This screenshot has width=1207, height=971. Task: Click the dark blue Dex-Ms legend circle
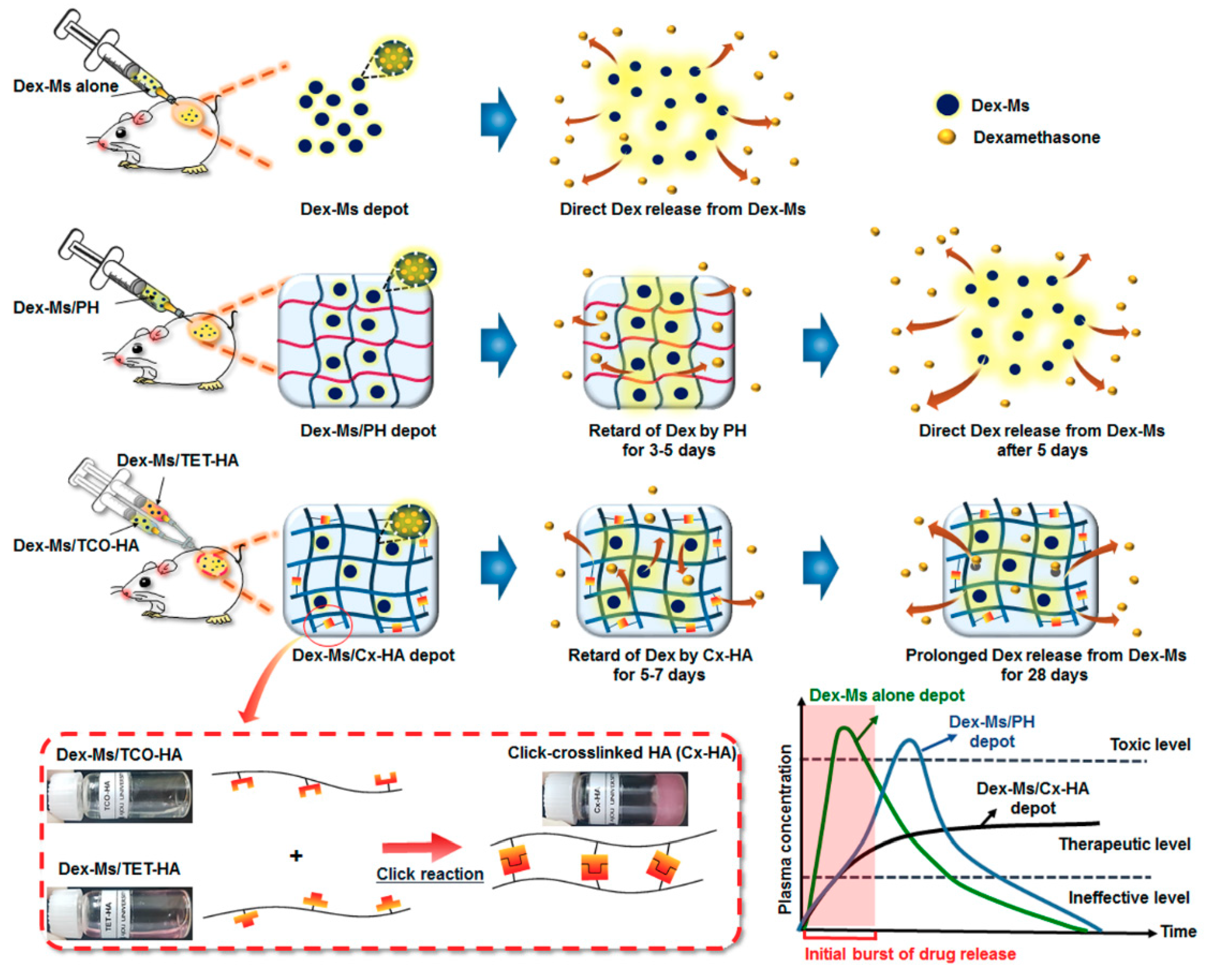(x=947, y=105)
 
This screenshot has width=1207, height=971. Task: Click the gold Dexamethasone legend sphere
(x=947, y=136)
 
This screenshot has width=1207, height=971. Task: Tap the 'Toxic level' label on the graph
(x=1150, y=744)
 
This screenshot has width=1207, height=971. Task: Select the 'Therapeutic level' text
(x=1124, y=844)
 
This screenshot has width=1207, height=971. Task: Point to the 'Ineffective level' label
(x=1129, y=898)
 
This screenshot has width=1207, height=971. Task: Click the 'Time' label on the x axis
(x=1178, y=931)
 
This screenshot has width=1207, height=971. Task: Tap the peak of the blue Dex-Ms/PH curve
(x=910, y=741)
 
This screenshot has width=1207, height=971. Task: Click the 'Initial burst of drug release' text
(x=910, y=954)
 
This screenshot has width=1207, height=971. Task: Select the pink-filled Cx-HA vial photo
(x=615, y=798)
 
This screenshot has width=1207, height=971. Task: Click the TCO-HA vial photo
(x=120, y=796)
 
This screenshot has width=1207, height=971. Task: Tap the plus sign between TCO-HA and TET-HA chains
(x=296, y=856)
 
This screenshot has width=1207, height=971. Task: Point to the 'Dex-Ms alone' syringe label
(x=65, y=86)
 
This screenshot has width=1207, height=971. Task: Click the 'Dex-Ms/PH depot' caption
(x=368, y=431)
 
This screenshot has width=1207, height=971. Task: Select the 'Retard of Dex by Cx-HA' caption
(x=660, y=655)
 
